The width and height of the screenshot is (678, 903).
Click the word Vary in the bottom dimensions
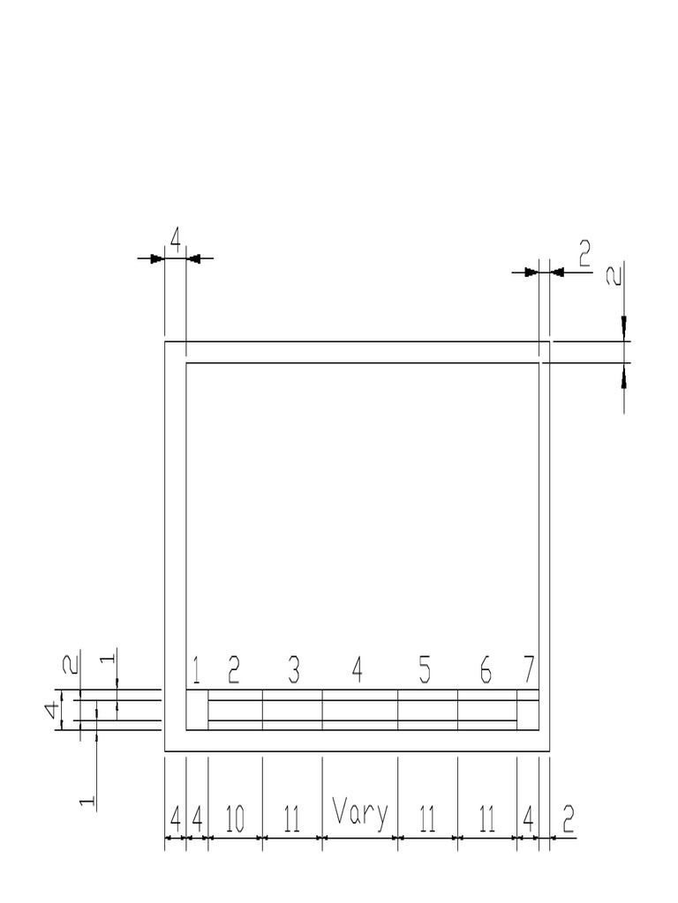point(360,812)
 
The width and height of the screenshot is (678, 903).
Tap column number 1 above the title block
point(196,672)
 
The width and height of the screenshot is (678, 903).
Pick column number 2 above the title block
point(234,672)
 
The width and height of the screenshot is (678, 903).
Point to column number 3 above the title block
point(294,672)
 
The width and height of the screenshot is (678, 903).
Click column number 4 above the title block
point(358,672)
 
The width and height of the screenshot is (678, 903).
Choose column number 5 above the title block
point(425,672)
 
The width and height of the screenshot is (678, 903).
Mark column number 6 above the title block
point(486,672)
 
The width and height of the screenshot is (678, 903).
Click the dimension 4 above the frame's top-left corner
point(175,240)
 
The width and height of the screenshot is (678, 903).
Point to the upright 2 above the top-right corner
point(584,255)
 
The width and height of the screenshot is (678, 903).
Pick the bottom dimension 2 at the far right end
point(568,821)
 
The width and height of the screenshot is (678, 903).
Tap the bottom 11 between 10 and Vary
point(292,821)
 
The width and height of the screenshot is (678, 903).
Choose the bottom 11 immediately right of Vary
point(427,821)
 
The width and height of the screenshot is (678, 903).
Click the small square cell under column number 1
point(197,710)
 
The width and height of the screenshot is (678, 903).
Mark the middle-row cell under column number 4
point(360,711)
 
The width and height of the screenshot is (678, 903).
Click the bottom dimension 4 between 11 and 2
point(528,821)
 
